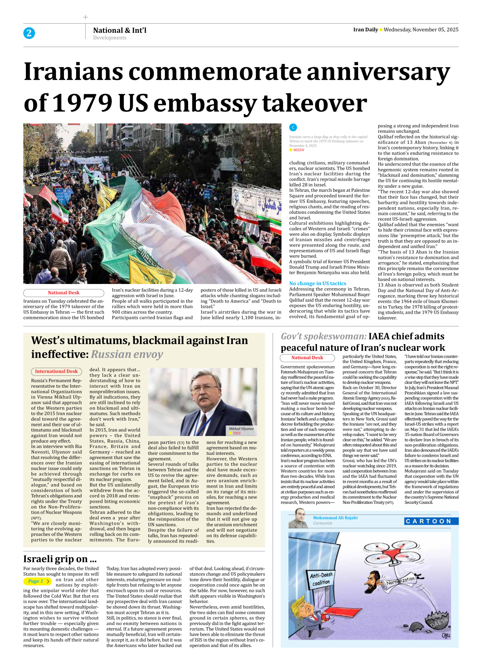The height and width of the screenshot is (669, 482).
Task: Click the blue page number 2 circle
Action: click(x=29, y=33)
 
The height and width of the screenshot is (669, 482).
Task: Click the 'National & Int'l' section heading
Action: click(x=120, y=30)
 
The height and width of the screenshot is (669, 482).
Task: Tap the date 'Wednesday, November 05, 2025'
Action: click(x=421, y=30)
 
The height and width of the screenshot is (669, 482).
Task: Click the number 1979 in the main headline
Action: click(x=82, y=103)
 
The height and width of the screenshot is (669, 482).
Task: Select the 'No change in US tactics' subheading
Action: click(x=317, y=283)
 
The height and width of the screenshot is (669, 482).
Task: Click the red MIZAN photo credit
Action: click(x=298, y=150)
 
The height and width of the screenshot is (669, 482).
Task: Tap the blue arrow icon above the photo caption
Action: click(x=293, y=127)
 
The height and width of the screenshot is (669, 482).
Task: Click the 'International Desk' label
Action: click(x=56, y=372)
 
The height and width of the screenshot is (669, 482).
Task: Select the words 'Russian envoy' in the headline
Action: click(x=127, y=354)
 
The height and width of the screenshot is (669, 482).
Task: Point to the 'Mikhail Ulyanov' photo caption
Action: click(x=241, y=429)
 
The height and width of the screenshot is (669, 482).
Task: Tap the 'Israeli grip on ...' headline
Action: click(x=60, y=559)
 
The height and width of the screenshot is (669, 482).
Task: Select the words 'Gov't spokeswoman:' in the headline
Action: click(x=323, y=336)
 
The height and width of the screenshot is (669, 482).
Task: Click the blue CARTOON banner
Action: click(x=431, y=521)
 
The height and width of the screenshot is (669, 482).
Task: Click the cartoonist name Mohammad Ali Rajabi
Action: click(x=335, y=518)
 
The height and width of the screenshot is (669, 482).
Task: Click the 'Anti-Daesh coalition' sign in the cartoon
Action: click(x=321, y=579)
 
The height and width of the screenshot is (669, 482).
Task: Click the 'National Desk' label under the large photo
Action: click(x=64, y=293)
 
